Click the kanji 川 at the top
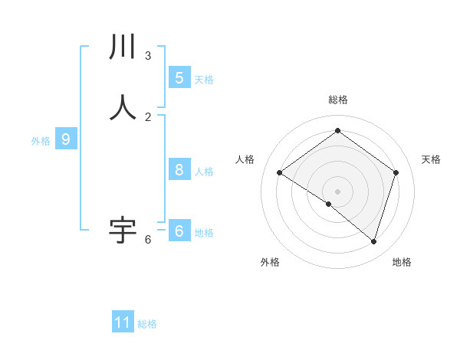tap(123, 47)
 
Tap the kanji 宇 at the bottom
tap(123, 230)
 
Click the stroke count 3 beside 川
tap(148, 56)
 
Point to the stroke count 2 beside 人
tap(148, 116)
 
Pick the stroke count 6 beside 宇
tap(148, 240)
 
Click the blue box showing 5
tap(179, 77)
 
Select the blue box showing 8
tap(179, 170)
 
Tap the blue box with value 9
tap(66, 139)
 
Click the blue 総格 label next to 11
tap(147, 324)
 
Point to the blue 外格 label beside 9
tap(41, 141)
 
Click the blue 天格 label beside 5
tap(204, 80)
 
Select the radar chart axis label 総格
tap(338, 100)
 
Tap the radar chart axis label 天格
tap(431, 159)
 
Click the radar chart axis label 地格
tap(402, 262)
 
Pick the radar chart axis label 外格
tap(270, 262)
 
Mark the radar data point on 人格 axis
tap(280, 173)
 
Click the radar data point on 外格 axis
tap(329, 204)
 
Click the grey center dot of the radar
tap(338, 191)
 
